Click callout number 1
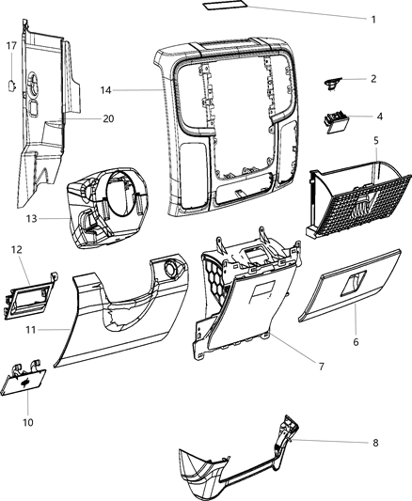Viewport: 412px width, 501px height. click(373, 20)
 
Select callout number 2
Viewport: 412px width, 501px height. click(373, 79)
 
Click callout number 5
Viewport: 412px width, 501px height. click(375, 142)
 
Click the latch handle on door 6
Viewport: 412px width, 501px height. click(357, 281)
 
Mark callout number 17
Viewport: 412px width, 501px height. click(11, 46)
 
